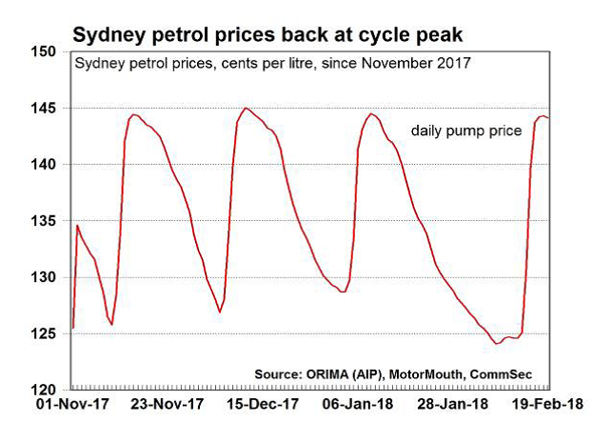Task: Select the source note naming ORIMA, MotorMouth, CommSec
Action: (x=425, y=372)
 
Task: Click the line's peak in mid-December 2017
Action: (x=247, y=108)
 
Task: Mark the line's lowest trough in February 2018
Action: (x=497, y=343)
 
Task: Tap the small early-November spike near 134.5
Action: (x=77, y=226)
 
